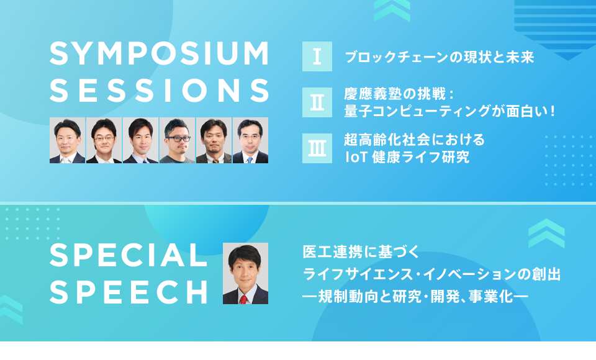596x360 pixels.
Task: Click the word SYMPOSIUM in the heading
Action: point(160,53)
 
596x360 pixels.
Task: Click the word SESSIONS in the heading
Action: point(160,91)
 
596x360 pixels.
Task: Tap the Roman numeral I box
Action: point(317,56)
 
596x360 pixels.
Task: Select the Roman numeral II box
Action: point(317,102)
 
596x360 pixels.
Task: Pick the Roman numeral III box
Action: point(317,148)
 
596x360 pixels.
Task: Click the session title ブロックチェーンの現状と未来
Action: point(440,57)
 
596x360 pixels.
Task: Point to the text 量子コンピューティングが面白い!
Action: point(449,111)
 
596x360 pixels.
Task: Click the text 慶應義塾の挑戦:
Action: point(399,94)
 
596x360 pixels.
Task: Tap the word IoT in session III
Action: point(355,157)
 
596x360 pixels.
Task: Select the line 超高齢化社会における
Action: point(414,140)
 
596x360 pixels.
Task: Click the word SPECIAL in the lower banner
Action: point(129,255)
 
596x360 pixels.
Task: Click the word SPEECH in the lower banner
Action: point(129,292)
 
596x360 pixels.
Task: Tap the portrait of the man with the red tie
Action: point(246,273)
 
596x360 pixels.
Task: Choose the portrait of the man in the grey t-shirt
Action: point(177,140)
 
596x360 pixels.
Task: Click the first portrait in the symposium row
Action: point(67,140)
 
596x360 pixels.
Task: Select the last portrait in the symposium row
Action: point(250,140)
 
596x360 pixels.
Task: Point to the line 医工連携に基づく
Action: point(361,251)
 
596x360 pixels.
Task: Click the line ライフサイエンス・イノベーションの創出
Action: point(432,274)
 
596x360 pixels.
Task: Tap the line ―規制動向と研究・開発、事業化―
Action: point(415,297)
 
